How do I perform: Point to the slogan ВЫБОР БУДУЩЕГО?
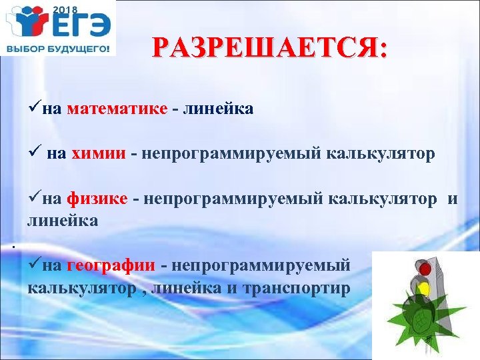pyautogui.click(x=57, y=49)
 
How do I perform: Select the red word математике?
pyautogui.click(x=117, y=109)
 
